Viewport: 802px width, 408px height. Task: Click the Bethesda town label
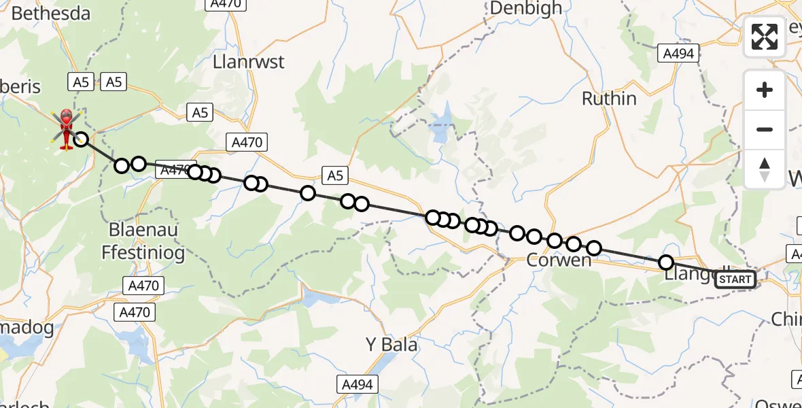41,13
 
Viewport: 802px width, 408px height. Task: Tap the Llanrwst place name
249,62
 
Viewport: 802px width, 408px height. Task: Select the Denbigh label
525,8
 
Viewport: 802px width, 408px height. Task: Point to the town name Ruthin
609,99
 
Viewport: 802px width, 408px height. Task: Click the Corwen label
558,260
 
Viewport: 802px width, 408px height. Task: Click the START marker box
735,279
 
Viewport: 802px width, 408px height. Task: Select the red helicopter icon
66,127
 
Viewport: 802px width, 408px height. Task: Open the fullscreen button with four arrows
765,37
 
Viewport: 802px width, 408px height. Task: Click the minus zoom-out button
765,129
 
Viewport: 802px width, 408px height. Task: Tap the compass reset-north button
765,169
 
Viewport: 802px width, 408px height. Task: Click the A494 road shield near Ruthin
678,53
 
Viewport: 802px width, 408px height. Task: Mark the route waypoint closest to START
666,262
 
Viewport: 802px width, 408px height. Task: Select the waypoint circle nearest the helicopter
81,139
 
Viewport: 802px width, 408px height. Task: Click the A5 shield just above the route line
334,176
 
